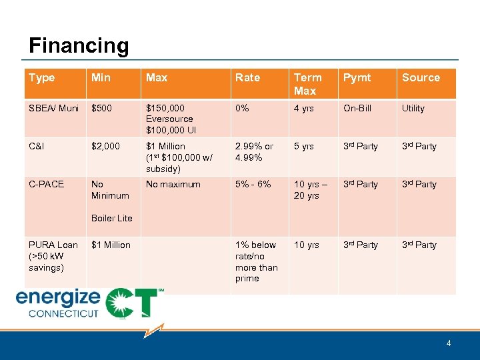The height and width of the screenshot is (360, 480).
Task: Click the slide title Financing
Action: (79, 46)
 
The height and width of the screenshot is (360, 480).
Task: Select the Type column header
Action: (42, 78)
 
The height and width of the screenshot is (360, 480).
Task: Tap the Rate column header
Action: (247, 78)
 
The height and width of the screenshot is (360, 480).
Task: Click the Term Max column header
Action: (307, 84)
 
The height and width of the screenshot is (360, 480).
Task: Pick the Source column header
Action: (421, 78)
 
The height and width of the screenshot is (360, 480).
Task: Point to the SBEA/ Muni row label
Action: (53, 108)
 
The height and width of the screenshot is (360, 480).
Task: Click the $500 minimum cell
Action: (102, 108)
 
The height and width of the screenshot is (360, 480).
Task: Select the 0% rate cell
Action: (241, 108)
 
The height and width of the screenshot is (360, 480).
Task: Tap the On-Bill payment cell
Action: (357, 108)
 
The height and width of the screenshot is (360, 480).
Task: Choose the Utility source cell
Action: (413, 108)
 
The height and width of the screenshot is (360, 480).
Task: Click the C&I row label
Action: (37, 146)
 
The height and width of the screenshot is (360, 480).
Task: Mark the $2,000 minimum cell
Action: (106, 146)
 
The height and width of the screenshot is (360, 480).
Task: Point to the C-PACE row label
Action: (46, 184)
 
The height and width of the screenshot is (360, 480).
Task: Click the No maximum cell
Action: (173, 184)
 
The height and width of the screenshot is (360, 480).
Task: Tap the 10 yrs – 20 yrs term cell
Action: (308, 190)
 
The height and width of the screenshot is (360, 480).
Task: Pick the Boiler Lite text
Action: (111, 218)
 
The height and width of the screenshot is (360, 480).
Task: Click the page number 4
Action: (449, 343)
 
